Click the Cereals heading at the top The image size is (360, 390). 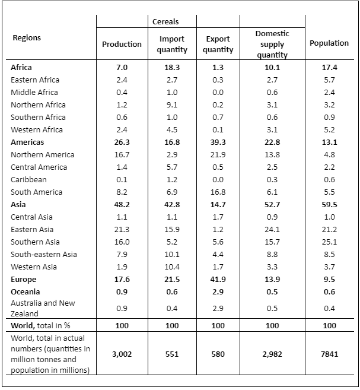click(165, 21)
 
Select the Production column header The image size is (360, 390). click(122, 44)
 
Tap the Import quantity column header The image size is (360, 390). click(172, 44)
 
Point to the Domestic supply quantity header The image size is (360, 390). click(272, 44)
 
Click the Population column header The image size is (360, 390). click(329, 43)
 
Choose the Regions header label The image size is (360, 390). click(27, 38)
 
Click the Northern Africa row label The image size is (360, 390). click(38, 104)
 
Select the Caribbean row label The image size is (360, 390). click(28, 180)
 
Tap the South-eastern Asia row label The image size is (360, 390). click(44, 255)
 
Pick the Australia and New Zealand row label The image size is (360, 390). click(43, 308)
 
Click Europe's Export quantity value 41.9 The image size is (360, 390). click(218, 280)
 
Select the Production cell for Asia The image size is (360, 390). click(122, 204)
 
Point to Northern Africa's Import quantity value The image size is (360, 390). click(172, 104)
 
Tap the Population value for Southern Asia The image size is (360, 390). click(329, 242)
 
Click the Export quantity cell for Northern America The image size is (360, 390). click(218, 155)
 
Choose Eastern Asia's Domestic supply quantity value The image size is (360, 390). click(272, 229)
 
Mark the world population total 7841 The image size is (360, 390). click(329, 354)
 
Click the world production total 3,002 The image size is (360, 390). click(122, 354)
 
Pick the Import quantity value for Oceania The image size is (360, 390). click(172, 291)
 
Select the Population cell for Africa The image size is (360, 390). click(329, 68)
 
